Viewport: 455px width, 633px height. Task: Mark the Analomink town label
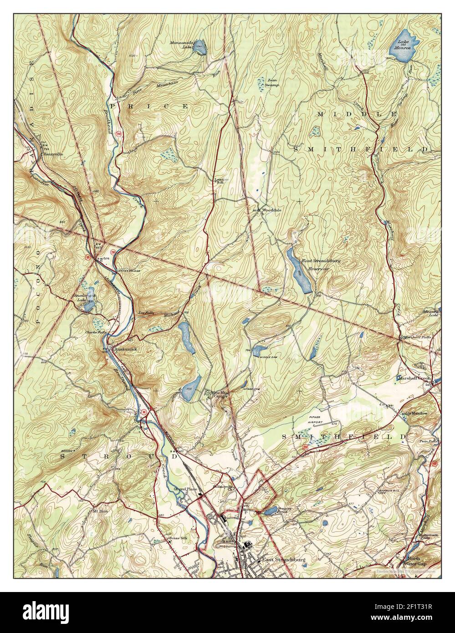(125, 349)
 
